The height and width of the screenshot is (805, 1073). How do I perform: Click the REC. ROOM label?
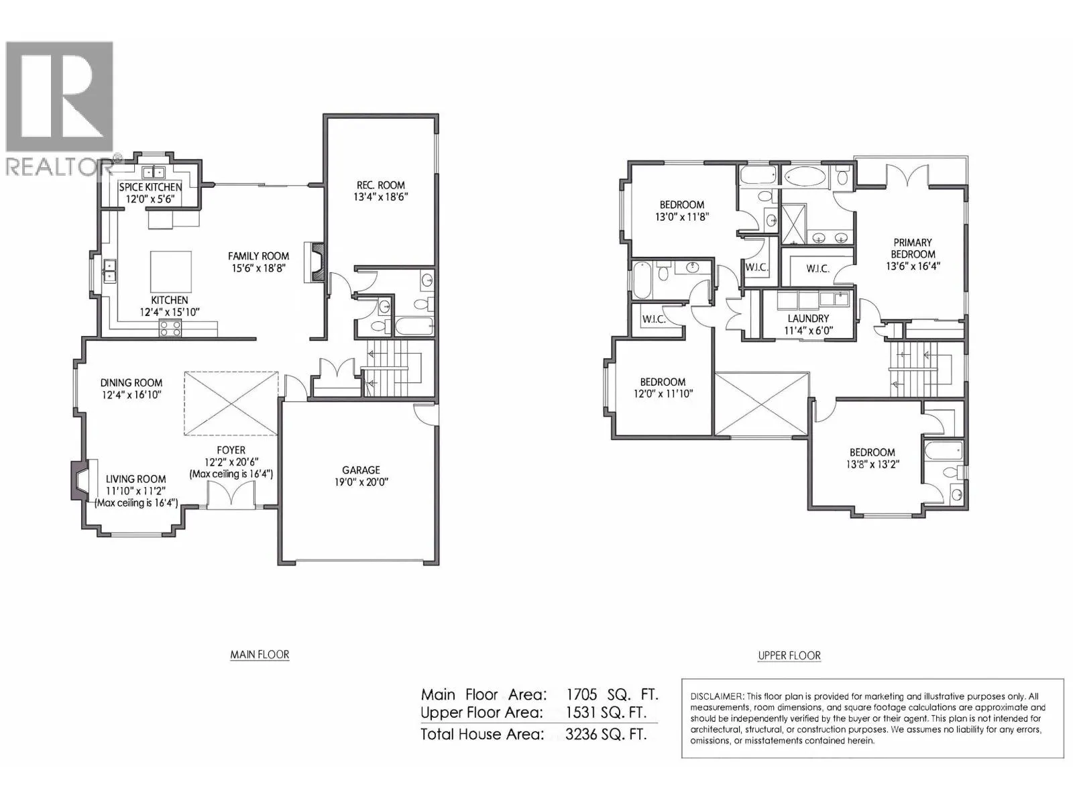click(380, 185)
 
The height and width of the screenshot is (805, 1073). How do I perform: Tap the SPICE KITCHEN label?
click(151, 187)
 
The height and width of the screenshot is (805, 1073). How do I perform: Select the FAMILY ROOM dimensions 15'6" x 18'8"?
click(259, 268)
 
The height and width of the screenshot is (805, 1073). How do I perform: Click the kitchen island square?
click(170, 272)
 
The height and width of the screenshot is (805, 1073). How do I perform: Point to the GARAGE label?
click(361, 470)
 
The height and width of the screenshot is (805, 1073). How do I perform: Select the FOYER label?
click(231, 450)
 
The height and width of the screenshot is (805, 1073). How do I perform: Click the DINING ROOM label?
click(131, 382)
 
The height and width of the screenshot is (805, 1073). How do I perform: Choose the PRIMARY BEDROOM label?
click(913, 248)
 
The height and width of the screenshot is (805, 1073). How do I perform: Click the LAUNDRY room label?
click(808, 319)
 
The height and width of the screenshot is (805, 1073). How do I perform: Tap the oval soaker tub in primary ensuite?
click(806, 177)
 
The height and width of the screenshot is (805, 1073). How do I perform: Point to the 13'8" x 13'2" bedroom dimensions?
click(872, 464)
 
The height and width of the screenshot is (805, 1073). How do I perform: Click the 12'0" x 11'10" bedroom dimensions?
click(663, 394)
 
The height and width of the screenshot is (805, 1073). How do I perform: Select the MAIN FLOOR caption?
click(260, 655)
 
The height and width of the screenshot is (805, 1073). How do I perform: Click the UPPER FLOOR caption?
click(789, 655)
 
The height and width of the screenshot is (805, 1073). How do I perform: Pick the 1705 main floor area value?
click(581, 694)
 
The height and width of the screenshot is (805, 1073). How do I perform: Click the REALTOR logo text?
click(58, 167)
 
